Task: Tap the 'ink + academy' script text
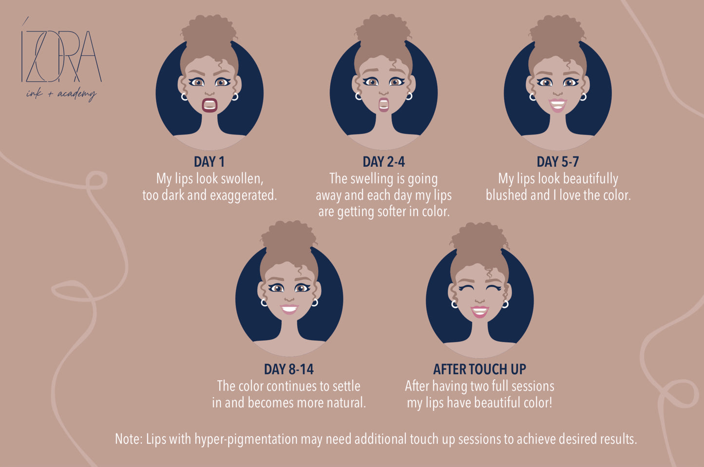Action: (61, 94)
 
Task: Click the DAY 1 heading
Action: (209, 162)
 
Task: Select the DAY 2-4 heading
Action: (384, 162)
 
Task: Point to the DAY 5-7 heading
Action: (558, 162)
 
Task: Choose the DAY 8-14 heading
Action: (289, 369)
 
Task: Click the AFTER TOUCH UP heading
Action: (479, 369)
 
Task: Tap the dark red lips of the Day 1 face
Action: (209, 105)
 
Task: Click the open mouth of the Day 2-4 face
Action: (384, 105)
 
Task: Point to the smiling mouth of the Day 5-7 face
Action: (558, 105)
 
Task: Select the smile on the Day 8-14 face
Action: (289, 309)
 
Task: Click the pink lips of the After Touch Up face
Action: (479, 311)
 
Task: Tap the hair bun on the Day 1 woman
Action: (209, 33)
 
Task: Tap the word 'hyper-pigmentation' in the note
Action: (246, 440)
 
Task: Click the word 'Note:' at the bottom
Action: (129, 439)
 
